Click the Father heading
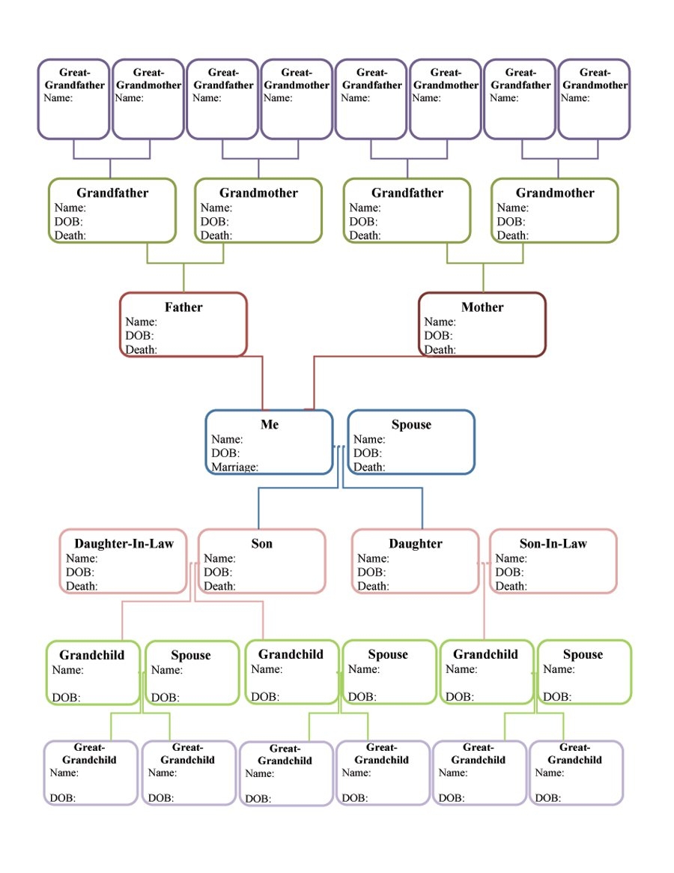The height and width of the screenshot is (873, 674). pos(183,307)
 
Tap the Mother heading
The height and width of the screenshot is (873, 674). pos(482,307)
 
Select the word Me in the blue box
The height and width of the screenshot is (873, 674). pos(270,425)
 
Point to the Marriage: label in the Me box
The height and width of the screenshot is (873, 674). pos(234,467)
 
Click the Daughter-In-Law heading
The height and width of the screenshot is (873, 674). pos(124,544)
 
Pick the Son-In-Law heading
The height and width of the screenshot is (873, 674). pos(553,544)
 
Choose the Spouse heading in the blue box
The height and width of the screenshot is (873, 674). pos(411,425)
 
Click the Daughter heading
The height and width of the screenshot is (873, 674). pos(416,544)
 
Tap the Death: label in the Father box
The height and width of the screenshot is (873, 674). pos(141,349)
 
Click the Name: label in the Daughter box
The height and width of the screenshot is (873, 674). pos(373,558)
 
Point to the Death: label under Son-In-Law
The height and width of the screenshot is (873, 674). pos(511,586)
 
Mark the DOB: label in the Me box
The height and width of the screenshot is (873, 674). pos(225,453)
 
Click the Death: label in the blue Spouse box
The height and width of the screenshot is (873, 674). pos(369,467)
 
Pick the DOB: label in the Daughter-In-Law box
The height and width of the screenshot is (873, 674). pos(80,573)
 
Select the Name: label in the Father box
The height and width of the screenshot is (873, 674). pos(141,322)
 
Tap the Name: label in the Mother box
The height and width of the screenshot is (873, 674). pos(440,322)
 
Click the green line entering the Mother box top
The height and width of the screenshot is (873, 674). pos(483,279)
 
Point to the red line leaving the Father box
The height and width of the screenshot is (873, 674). pos(263,382)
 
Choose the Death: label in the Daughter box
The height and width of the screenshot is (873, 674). pos(373,586)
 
